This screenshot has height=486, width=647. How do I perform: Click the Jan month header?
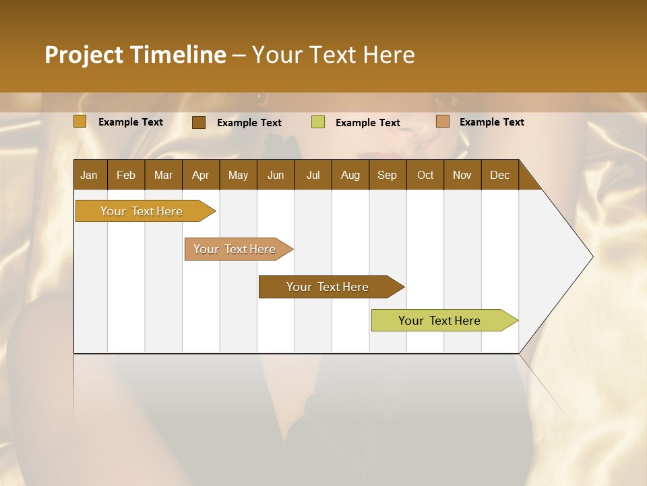pos(90,175)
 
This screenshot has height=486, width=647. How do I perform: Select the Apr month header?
pos(201,175)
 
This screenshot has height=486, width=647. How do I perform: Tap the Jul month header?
pos(313,175)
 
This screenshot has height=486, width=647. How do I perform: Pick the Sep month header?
pos(388,175)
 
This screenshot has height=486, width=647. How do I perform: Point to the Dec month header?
pos(500,175)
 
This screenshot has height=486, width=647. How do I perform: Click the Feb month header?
pos(126,175)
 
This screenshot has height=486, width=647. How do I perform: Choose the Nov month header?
pos(462,175)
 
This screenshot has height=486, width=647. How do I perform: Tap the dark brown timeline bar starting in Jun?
pos(328,287)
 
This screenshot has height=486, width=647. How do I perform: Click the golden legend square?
pos(80,122)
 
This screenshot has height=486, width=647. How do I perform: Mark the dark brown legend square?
pos(199,122)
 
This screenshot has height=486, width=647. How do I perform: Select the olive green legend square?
pos(318,122)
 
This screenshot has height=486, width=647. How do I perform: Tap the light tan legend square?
pos(443,122)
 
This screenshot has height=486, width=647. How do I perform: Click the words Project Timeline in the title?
pos(135,55)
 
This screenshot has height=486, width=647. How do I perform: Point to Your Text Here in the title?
pos(333,55)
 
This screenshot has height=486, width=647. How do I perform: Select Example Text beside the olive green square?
pos(368,123)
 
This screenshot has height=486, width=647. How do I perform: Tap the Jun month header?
pos(276,175)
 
